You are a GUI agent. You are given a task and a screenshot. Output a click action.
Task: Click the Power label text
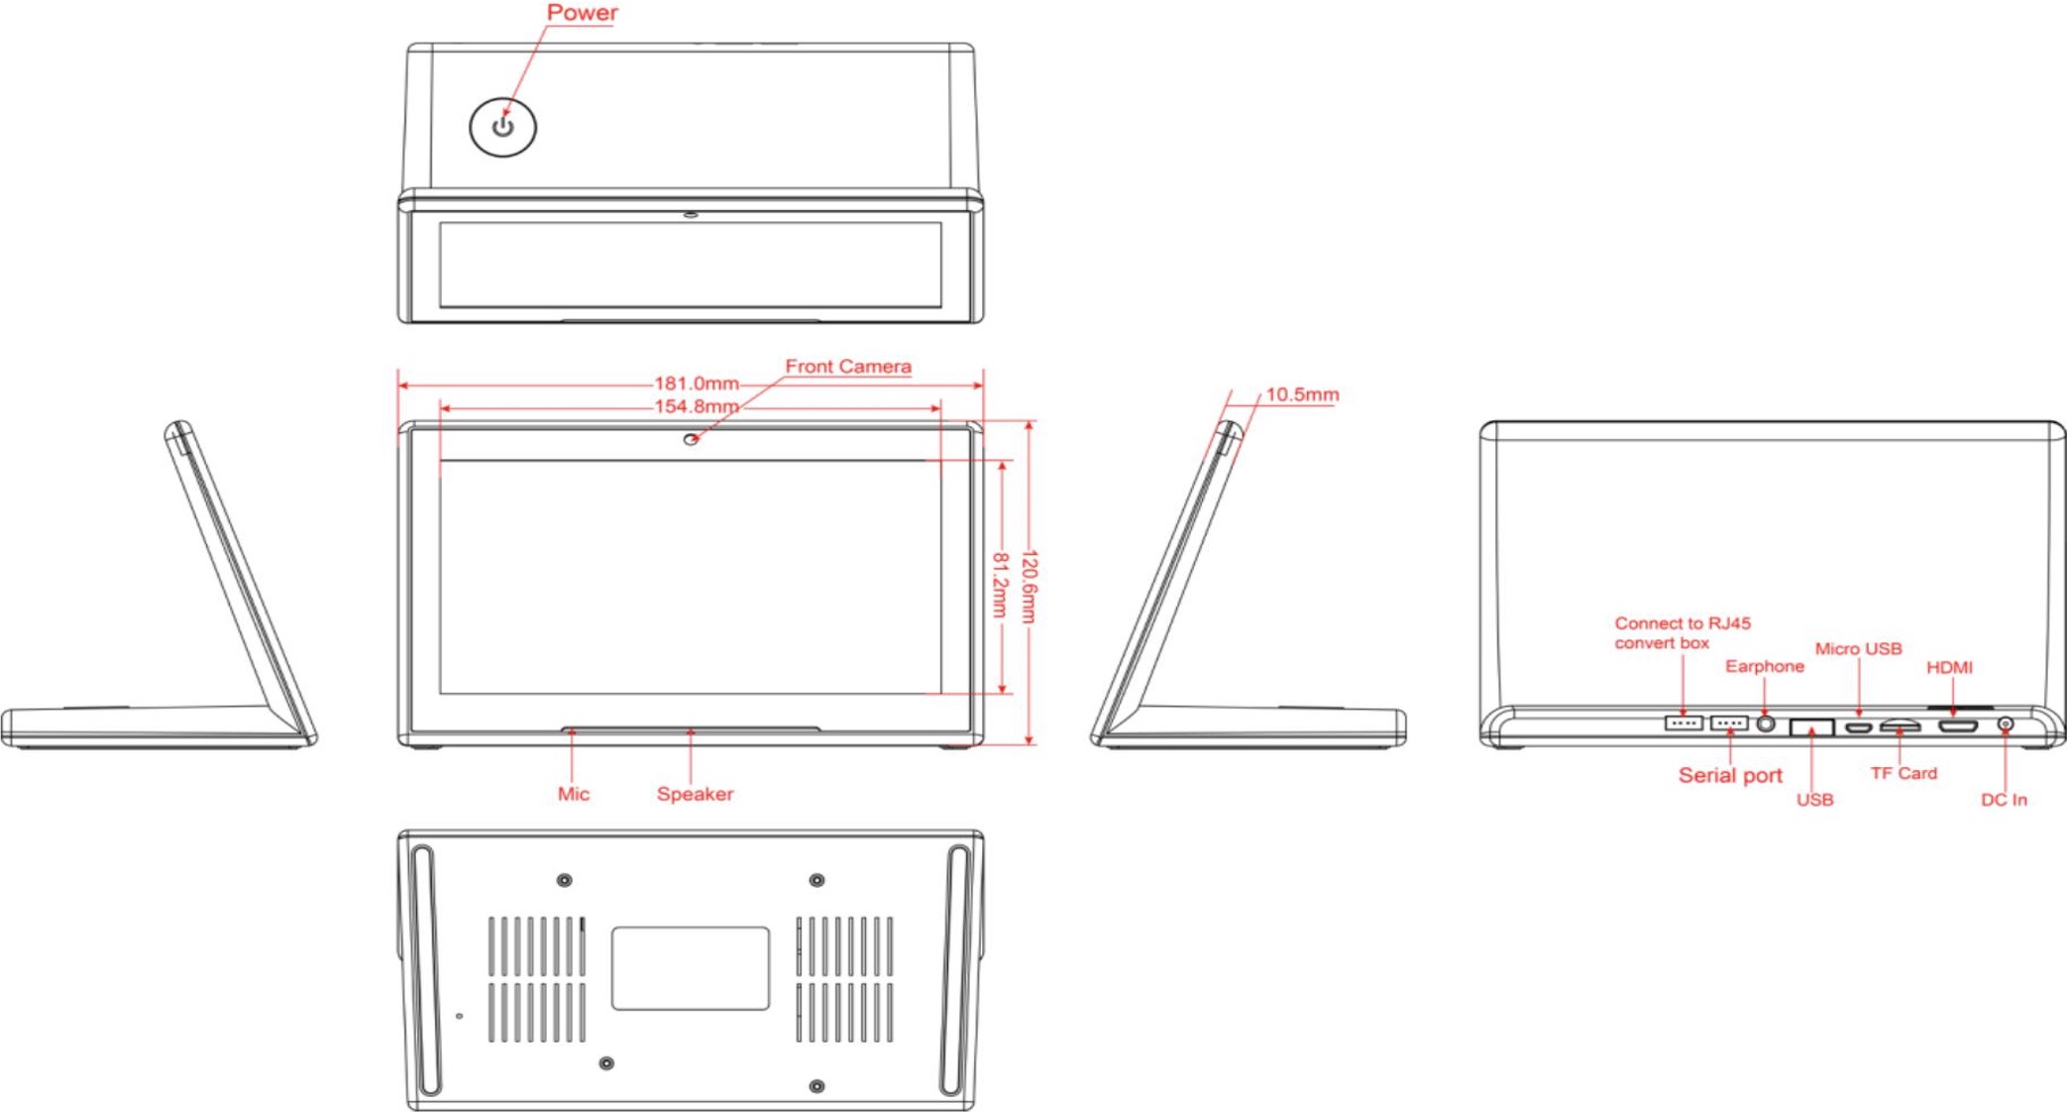(x=582, y=13)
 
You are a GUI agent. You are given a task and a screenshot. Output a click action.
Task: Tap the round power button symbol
(x=502, y=127)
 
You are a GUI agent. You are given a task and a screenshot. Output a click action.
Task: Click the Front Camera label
(x=848, y=367)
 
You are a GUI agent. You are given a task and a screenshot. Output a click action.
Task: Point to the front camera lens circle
(x=691, y=439)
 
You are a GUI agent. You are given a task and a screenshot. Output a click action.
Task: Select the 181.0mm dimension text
(x=697, y=384)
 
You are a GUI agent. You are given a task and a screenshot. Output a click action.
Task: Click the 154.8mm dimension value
(x=697, y=406)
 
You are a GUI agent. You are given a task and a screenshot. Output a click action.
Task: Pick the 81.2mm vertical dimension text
(x=1000, y=585)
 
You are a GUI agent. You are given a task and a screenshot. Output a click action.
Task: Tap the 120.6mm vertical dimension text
(x=1029, y=587)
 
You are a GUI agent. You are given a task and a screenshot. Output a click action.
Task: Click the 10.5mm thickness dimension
(x=1302, y=394)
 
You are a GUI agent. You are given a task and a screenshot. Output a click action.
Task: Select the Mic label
(x=573, y=794)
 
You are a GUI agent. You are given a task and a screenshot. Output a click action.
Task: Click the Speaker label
(x=695, y=794)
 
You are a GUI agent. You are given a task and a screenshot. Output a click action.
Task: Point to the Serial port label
(x=1730, y=775)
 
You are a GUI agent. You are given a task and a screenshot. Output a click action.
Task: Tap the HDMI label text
(x=1949, y=668)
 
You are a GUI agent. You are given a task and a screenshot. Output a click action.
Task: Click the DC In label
(x=2004, y=800)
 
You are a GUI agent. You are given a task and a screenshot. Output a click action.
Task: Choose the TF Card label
(x=1904, y=773)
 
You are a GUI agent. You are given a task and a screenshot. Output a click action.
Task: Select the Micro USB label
(x=1858, y=649)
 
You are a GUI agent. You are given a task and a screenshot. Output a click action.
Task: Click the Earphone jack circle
(x=1766, y=723)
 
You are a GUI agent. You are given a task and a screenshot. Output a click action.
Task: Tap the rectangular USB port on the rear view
(x=1811, y=726)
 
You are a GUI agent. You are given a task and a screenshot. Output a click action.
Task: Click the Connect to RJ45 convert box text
(x=1683, y=633)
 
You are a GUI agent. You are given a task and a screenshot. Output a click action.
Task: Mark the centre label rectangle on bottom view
(x=691, y=968)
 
